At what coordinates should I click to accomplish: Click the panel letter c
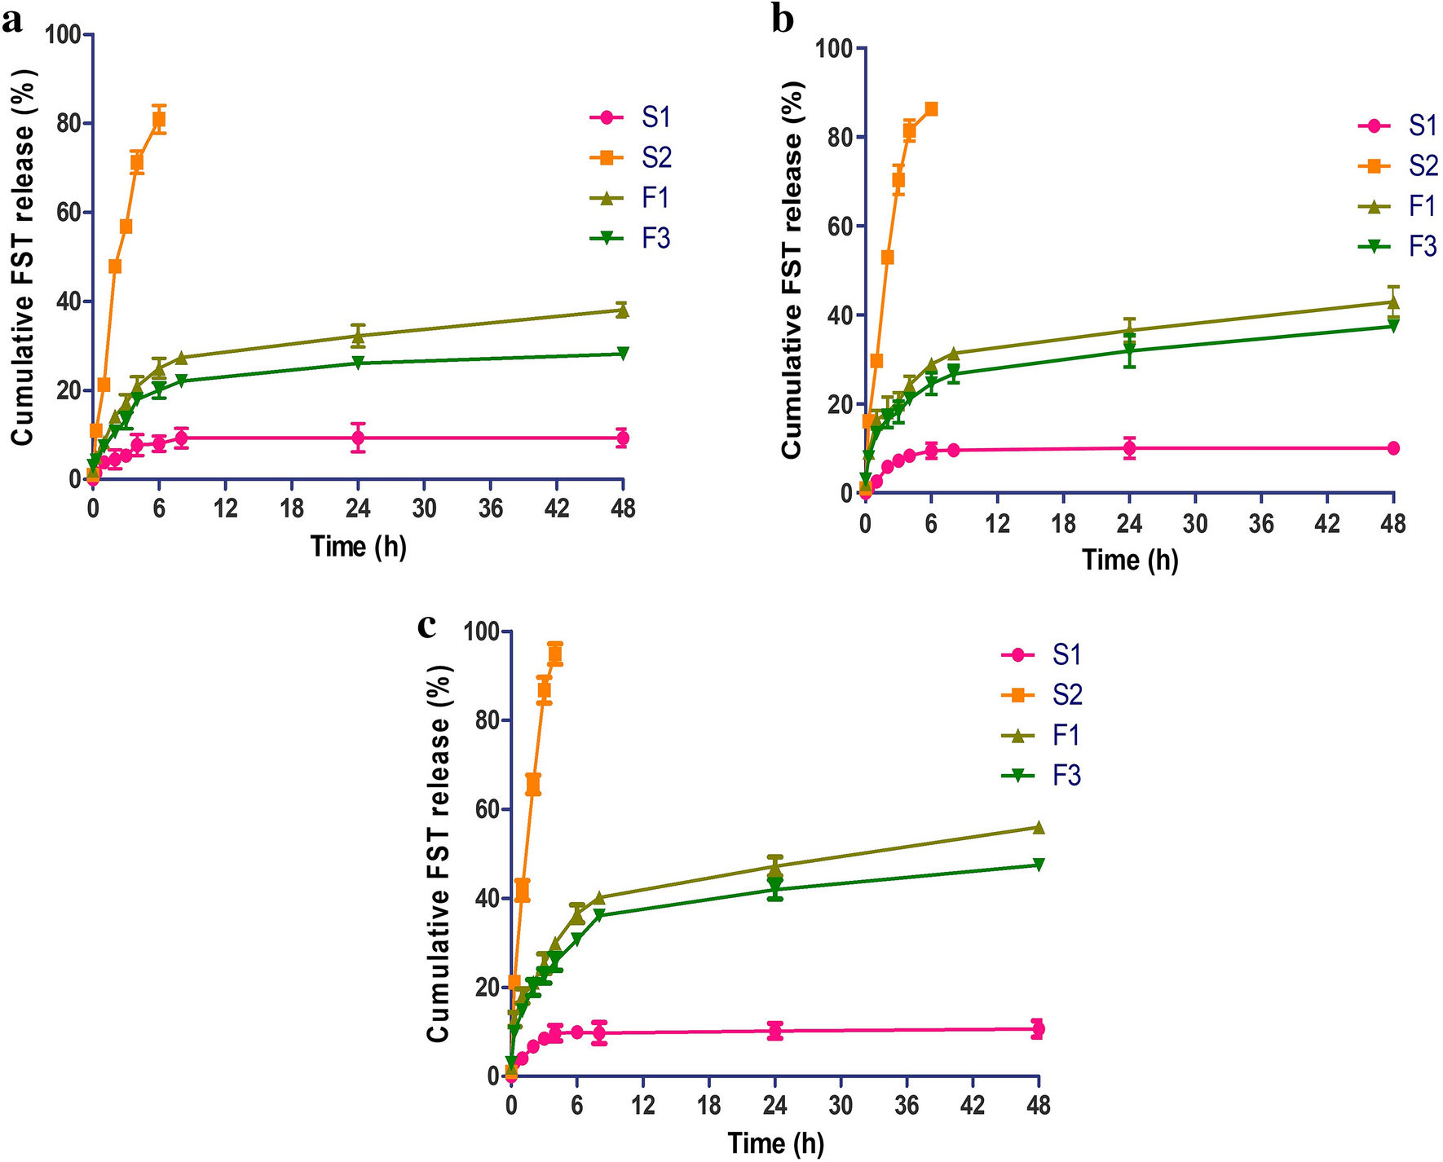[x=426, y=626]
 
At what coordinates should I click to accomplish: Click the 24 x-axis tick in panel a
[x=358, y=508]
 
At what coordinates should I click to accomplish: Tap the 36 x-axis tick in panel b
[x=1261, y=522]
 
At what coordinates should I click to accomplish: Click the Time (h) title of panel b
[x=1130, y=560]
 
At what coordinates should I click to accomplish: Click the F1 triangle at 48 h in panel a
[x=622, y=310]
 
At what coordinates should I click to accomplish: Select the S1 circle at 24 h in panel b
[x=1129, y=447]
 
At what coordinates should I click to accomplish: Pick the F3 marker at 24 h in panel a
[x=358, y=363]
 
